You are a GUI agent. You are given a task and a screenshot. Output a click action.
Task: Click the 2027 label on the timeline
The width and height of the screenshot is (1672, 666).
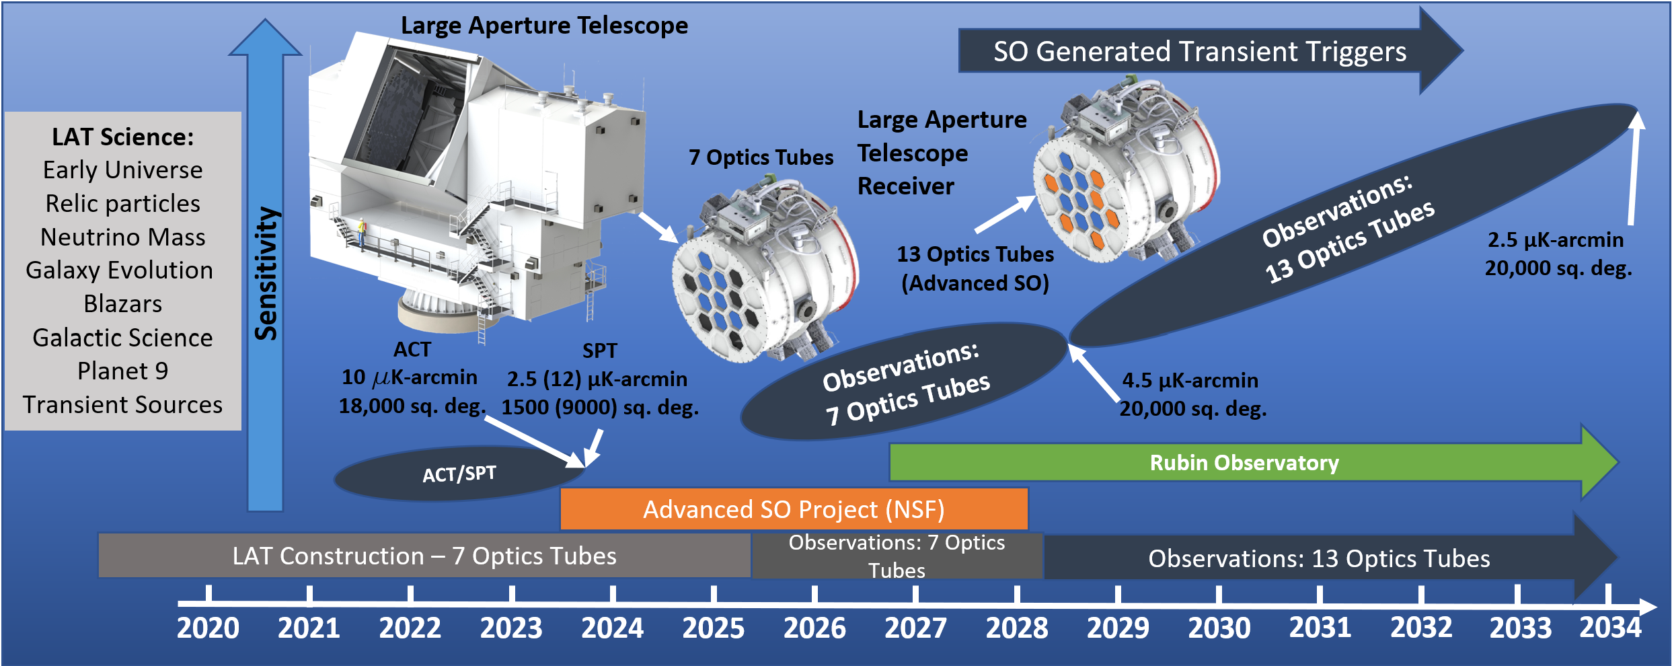tap(915, 628)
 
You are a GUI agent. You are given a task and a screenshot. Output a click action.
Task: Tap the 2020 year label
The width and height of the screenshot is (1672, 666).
tap(208, 628)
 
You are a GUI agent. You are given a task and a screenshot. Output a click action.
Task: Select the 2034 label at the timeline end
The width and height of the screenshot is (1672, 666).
tap(1610, 628)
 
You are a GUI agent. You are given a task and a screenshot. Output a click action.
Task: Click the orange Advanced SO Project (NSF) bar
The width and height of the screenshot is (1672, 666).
tap(794, 509)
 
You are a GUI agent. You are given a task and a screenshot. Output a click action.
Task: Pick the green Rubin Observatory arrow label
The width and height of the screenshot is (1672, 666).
tap(1244, 463)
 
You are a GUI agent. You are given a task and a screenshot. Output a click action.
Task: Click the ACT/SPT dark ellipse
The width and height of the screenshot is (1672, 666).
tap(459, 474)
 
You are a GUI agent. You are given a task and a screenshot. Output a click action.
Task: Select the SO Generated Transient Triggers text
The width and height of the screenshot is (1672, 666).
tap(1200, 52)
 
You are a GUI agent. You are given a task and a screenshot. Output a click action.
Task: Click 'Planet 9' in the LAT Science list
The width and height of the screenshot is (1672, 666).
tap(123, 371)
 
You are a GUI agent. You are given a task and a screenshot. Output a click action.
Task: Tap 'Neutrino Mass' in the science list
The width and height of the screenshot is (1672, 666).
tap(123, 237)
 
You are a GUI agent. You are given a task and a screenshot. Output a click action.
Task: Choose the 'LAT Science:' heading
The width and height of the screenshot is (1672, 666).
tap(123, 137)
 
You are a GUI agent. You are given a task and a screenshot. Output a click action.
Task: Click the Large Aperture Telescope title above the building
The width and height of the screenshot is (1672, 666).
tap(544, 26)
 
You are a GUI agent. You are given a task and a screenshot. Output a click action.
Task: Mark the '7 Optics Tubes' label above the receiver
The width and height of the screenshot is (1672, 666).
tap(761, 157)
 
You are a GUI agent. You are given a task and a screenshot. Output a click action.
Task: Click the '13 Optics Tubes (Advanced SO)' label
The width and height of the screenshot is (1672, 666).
tap(975, 268)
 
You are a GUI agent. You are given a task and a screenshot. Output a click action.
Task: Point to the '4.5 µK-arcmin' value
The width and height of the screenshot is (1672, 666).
tap(1190, 380)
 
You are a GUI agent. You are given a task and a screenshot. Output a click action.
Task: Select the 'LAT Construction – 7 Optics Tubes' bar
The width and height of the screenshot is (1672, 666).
tap(424, 556)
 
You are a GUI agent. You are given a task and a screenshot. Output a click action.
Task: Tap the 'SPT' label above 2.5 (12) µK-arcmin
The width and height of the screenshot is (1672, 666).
tap(599, 350)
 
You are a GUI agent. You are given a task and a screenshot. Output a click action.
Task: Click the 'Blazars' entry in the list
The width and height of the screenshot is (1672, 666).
tap(123, 303)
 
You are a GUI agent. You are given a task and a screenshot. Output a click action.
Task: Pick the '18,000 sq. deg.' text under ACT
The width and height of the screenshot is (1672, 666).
tap(412, 406)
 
